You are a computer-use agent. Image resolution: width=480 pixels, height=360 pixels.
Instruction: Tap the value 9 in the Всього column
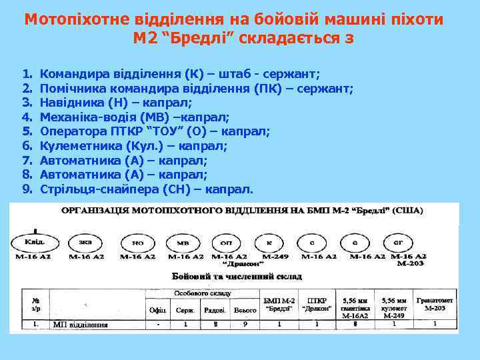244,325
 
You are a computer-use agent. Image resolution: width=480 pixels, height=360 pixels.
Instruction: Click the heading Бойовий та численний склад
237,275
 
